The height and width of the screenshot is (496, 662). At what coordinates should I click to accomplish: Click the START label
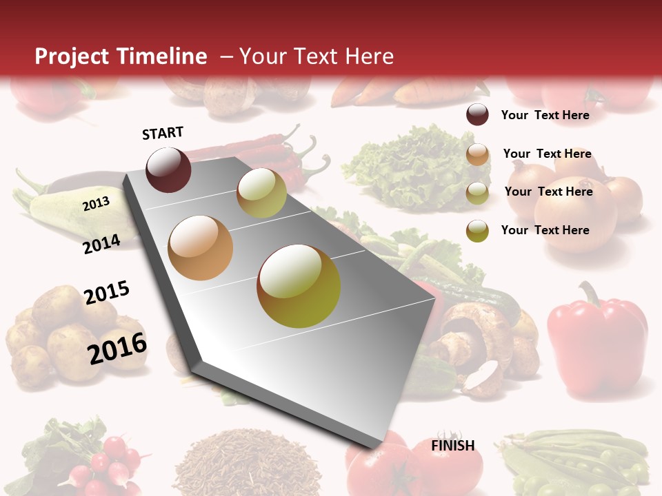point(163,133)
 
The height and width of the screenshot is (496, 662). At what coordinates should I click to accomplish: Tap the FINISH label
point(452,446)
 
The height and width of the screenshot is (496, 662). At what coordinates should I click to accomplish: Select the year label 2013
point(96,204)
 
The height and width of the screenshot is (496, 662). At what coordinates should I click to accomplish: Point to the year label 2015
point(107,293)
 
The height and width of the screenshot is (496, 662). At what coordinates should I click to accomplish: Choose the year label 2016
point(117,348)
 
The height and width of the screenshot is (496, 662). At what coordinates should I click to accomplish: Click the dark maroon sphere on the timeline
point(168,169)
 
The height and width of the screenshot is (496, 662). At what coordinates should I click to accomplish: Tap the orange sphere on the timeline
point(200,247)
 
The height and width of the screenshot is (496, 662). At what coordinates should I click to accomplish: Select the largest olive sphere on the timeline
point(299,286)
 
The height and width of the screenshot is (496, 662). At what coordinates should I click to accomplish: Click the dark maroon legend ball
point(477,115)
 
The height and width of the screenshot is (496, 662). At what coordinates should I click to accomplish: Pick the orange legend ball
point(477,154)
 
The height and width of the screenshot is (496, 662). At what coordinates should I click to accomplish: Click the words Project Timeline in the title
point(121,56)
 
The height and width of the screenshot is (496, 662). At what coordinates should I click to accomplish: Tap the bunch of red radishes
point(103,462)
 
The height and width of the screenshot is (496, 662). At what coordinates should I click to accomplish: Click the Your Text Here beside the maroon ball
point(545,115)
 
